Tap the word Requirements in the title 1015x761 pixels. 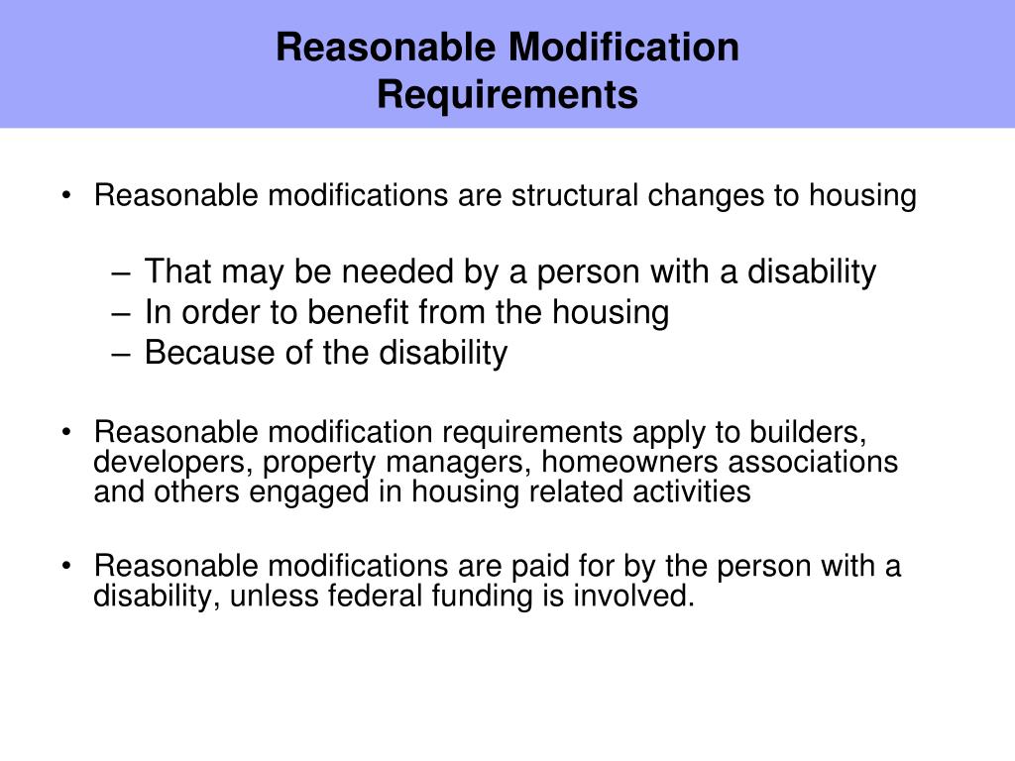tap(507, 95)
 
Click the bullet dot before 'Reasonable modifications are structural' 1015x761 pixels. tap(66, 196)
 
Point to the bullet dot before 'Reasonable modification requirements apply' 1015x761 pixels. tap(66, 433)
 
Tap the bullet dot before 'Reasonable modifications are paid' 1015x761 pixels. tap(66, 567)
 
